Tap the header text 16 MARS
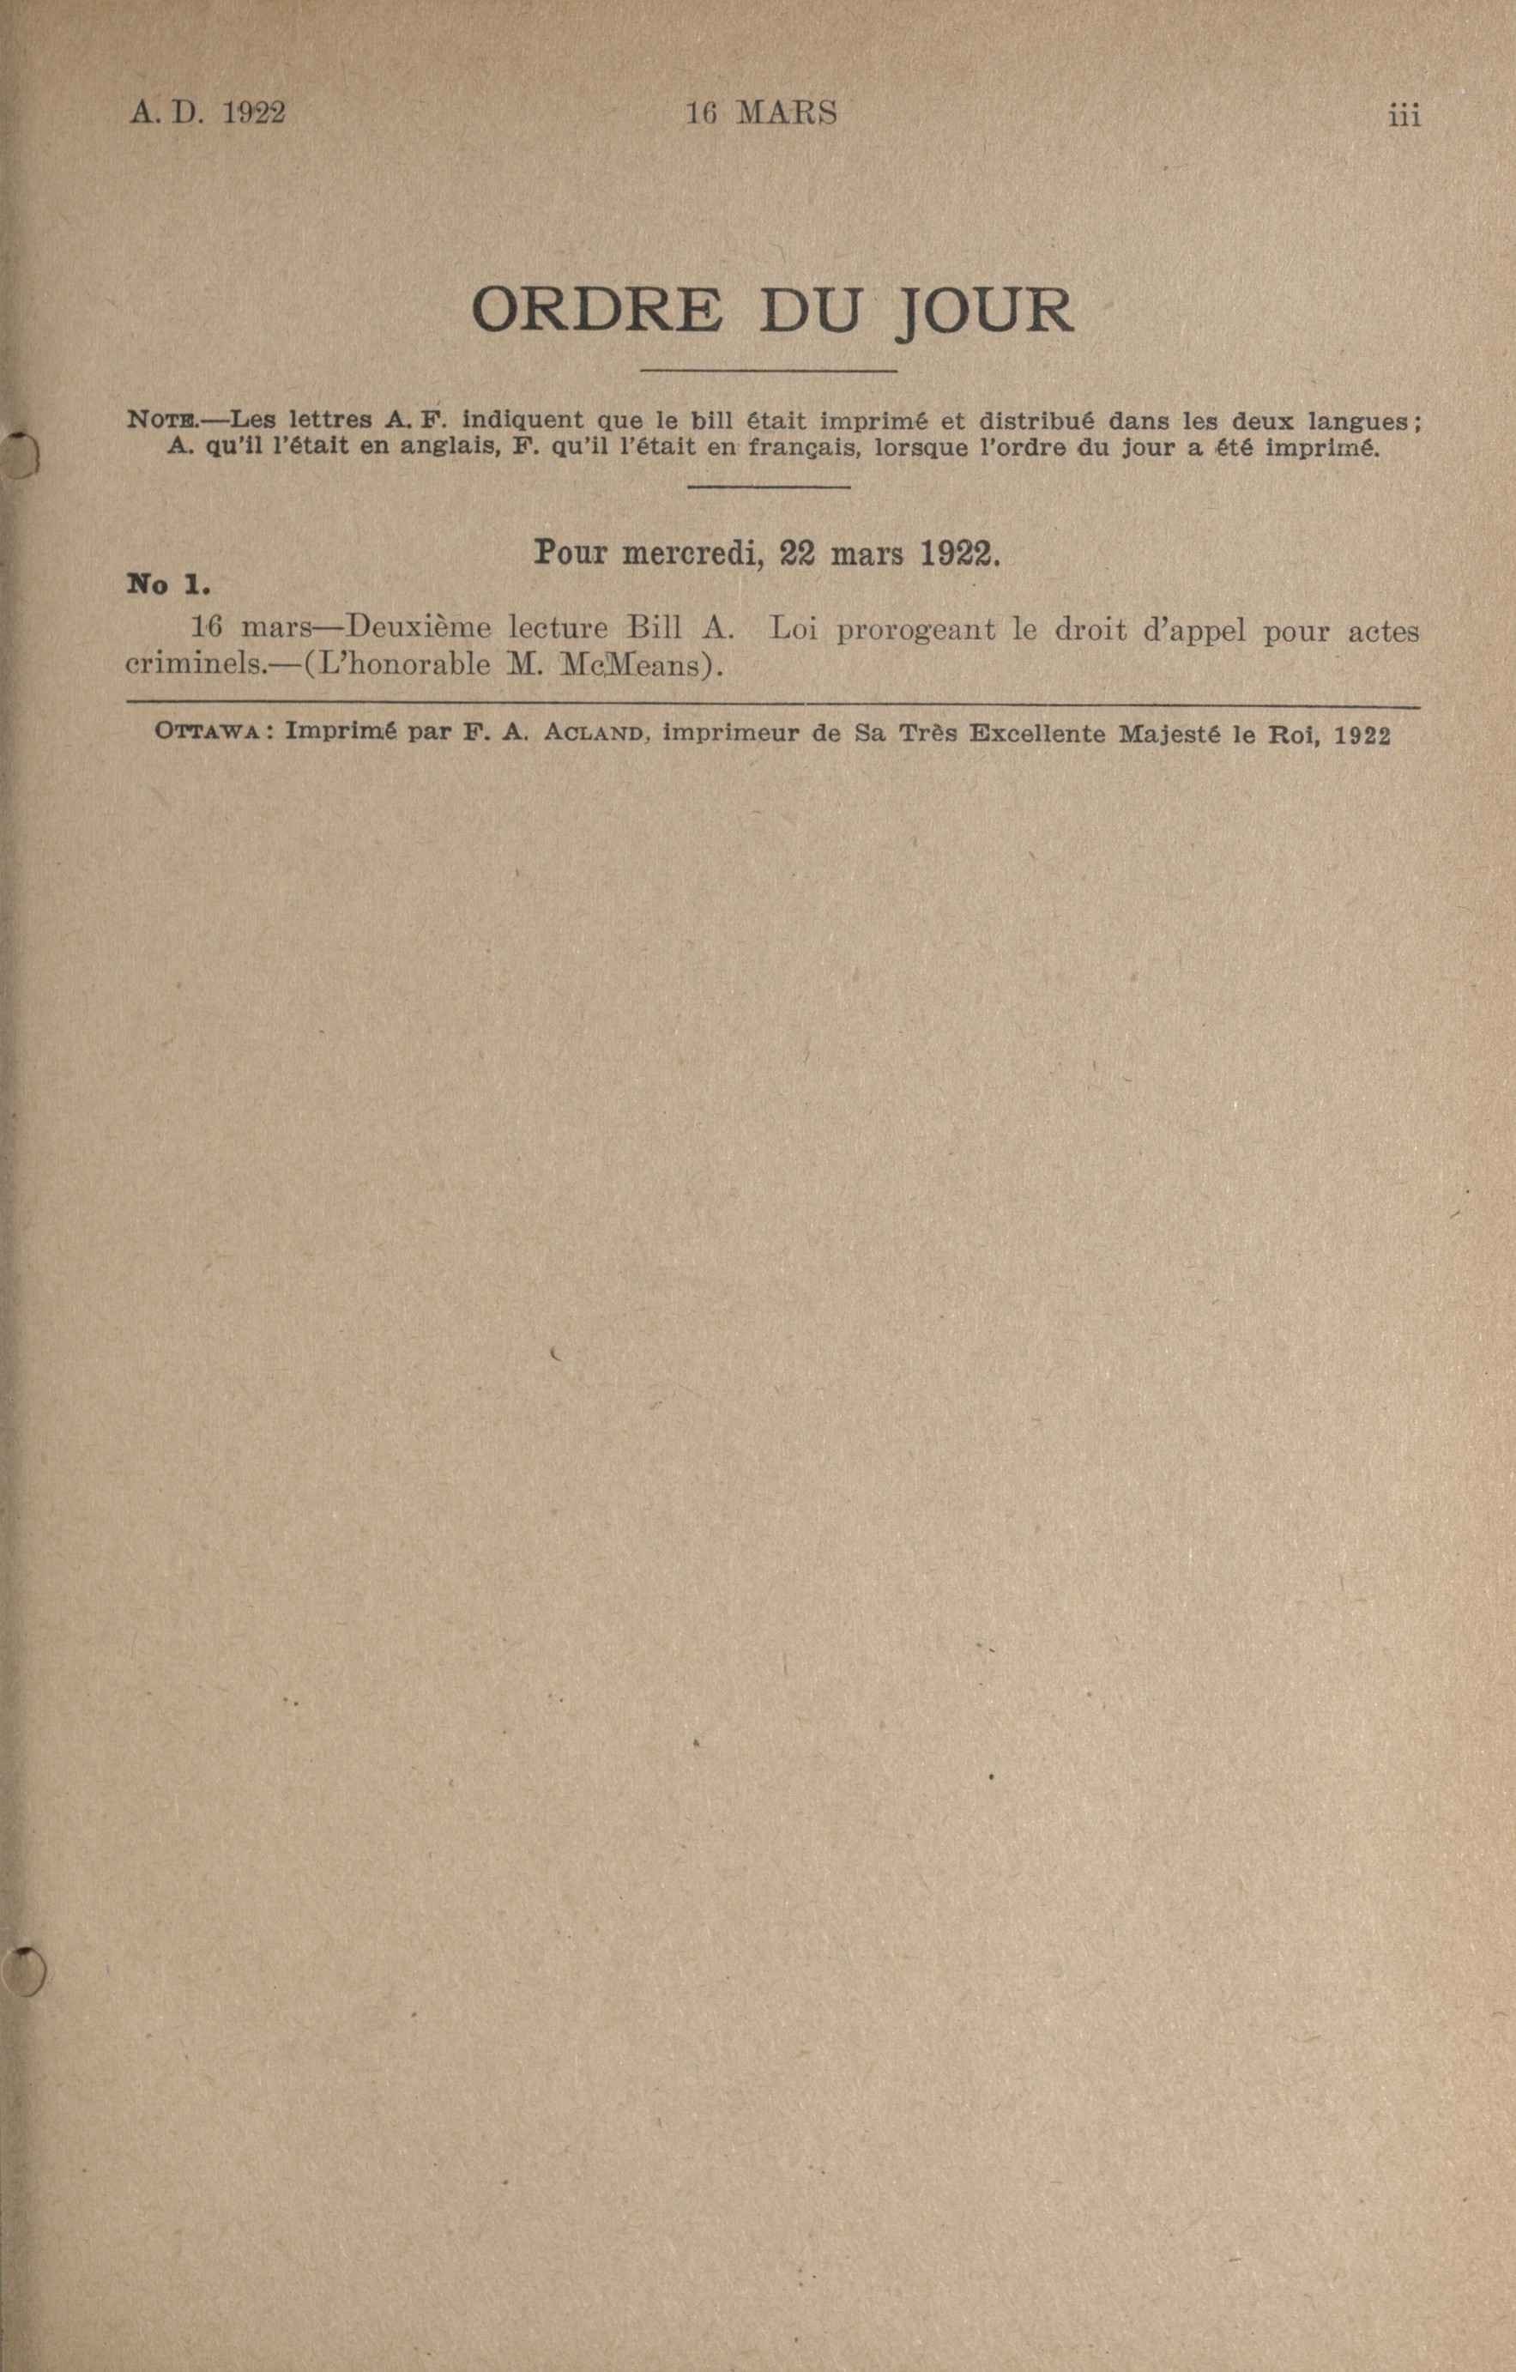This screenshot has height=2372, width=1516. pyautogui.click(x=760, y=114)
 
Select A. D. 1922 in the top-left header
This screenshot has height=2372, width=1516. pyautogui.click(x=207, y=113)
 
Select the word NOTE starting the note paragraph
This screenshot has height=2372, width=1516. pyautogui.click(x=161, y=421)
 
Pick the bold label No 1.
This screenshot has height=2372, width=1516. pyautogui.click(x=168, y=585)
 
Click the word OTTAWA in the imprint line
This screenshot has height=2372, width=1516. pyautogui.click(x=205, y=734)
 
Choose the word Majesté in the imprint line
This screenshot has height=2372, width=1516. pyautogui.click(x=1169, y=735)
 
